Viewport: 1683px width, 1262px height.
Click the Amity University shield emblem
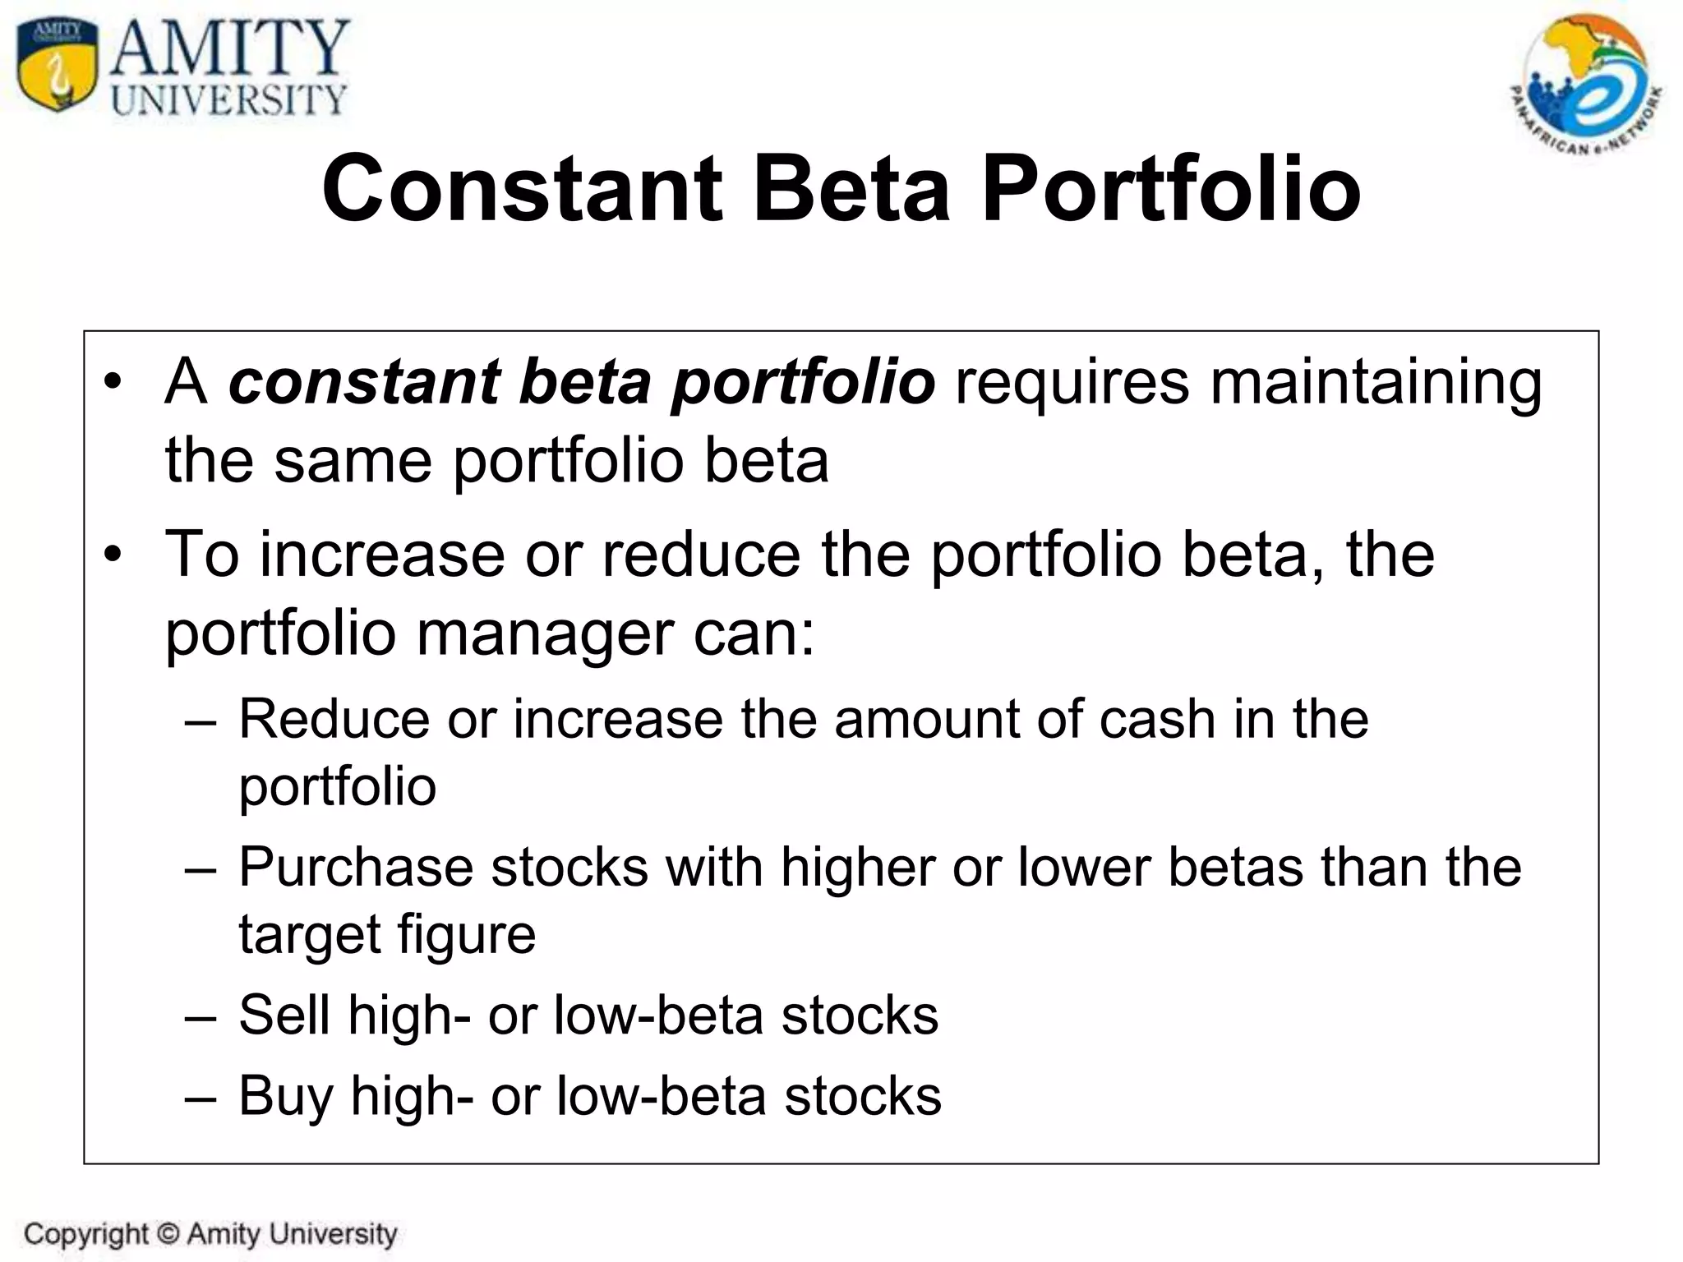(56, 66)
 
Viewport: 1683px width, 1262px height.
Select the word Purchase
(356, 868)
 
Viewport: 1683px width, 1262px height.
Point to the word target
(308, 935)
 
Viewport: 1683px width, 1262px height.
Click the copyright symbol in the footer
(168, 1234)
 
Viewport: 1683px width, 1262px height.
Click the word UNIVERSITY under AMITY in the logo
(228, 101)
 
